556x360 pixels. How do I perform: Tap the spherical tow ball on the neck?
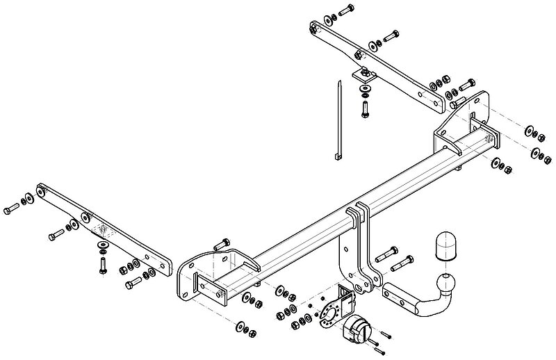(443, 284)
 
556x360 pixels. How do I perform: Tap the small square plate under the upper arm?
(363, 74)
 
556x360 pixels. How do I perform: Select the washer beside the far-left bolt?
(25, 202)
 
